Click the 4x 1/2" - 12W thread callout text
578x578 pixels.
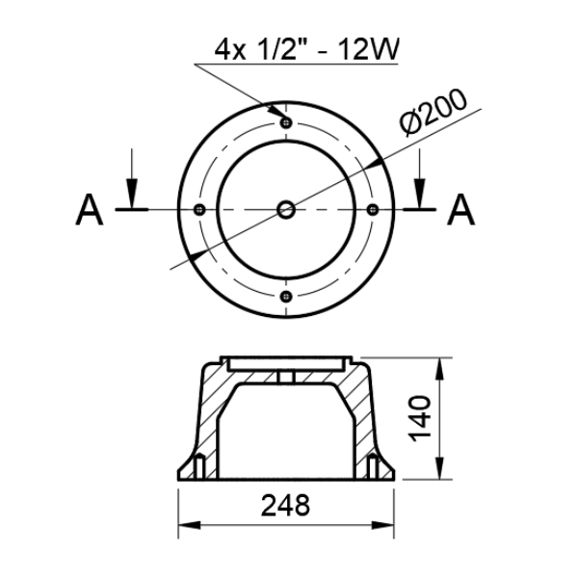pyautogui.click(x=306, y=50)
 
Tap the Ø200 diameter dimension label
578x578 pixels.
pyautogui.click(x=433, y=112)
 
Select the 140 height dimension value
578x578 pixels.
pyautogui.click(x=420, y=418)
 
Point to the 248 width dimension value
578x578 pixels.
pyautogui.click(x=286, y=506)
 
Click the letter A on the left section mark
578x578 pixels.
pyautogui.click(x=90, y=209)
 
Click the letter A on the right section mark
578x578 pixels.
pyautogui.click(x=460, y=209)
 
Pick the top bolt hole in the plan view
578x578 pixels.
pyautogui.click(x=286, y=122)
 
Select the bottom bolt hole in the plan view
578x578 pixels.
pyautogui.click(x=286, y=297)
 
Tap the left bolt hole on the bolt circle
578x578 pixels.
pyautogui.click(x=199, y=210)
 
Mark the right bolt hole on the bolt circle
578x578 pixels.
pyautogui.click(x=373, y=210)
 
